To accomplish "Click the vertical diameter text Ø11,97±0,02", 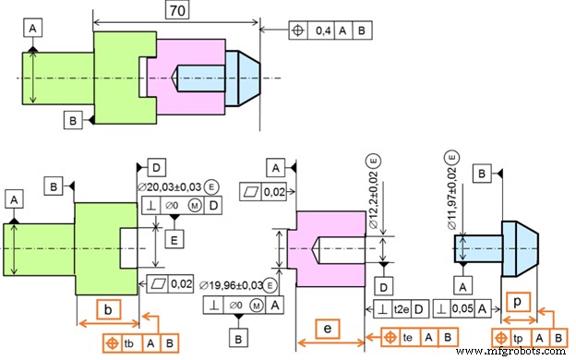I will click(452, 199).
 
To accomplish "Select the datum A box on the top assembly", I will click(32, 30).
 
